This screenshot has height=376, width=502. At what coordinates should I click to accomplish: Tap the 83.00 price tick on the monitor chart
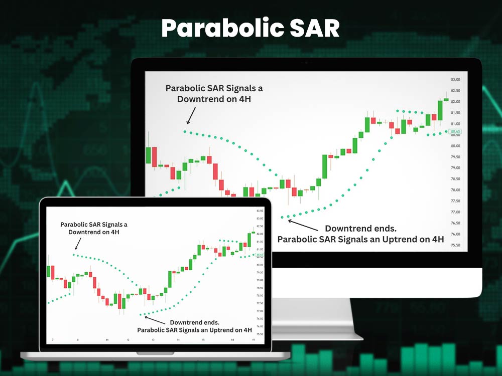click(x=455, y=80)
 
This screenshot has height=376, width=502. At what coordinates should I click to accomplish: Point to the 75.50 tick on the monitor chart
click(x=455, y=245)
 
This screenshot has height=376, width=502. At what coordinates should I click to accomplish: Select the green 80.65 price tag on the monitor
click(x=455, y=131)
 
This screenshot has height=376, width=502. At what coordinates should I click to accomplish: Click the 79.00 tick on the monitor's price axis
click(x=455, y=168)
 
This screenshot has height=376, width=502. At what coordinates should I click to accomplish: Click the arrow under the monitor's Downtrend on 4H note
click(x=190, y=116)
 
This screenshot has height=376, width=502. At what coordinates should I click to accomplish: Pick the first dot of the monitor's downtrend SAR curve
click(x=185, y=131)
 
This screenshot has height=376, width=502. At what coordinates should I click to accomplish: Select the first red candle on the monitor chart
click(x=155, y=155)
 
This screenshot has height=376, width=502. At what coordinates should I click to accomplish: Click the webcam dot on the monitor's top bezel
click(x=306, y=63)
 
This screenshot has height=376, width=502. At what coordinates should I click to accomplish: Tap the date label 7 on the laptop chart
click(x=53, y=340)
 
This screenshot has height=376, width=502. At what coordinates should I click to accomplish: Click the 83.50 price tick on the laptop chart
click(x=260, y=211)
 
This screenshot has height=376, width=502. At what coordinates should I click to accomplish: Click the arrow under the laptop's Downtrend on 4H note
click(x=77, y=244)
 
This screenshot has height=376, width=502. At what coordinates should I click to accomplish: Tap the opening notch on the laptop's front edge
click(x=155, y=353)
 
